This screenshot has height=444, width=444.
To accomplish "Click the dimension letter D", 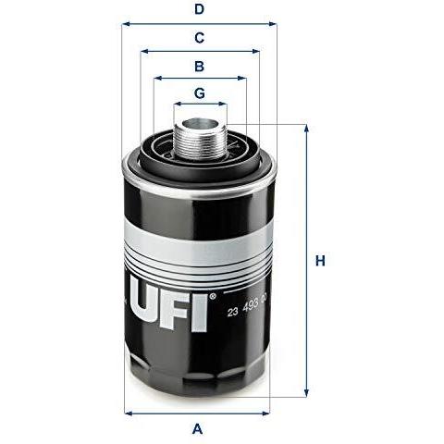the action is [x=199, y=9].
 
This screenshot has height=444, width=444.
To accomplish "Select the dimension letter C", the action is [x=199, y=38].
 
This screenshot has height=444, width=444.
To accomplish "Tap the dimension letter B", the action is [x=199, y=67].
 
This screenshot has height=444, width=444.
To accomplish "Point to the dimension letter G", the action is [x=200, y=93].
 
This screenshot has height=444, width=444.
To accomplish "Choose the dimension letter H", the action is [x=320, y=261].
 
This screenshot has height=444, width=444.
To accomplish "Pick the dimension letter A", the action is [x=197, y=429].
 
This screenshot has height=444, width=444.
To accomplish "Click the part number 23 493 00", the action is [x=247, y=307].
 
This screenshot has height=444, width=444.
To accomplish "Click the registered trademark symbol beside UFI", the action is [x=213, y=297].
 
